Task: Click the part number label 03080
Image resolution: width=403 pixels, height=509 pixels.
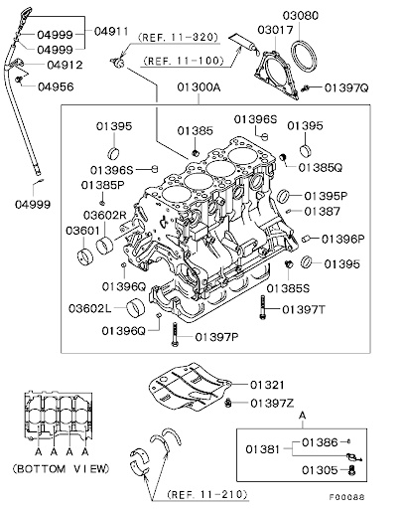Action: pos(301,16)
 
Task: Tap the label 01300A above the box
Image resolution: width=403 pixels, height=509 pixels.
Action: pos(199,87)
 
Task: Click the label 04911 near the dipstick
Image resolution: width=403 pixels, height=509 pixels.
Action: pos(111,31)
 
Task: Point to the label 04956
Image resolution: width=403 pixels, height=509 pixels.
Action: pos(56,86)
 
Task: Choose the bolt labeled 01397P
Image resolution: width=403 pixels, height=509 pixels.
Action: pos(175,334)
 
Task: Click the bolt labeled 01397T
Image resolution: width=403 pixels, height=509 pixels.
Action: pos(263,307)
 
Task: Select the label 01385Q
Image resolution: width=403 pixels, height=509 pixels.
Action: pos(321,168)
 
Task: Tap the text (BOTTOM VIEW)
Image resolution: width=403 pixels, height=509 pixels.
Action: pos(61,468)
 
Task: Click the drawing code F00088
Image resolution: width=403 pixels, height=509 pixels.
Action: pos(347,497)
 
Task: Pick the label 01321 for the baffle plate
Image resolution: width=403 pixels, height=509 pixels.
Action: pos(267,385)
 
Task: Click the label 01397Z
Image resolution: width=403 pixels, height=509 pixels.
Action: pos(272,404)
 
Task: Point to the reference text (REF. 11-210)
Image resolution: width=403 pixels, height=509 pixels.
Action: pos(207,494)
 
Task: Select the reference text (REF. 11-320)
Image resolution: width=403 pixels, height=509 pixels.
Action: pos(179,37)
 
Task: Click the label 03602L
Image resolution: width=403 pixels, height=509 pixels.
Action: pos(90,308)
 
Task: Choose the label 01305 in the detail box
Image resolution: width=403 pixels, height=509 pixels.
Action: pos(320,470)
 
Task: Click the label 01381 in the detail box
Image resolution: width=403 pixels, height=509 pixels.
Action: pos(263,449)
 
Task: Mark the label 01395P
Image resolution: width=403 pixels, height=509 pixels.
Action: pos(326,196)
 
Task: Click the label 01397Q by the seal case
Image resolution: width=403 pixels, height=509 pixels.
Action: pos(346,87)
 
